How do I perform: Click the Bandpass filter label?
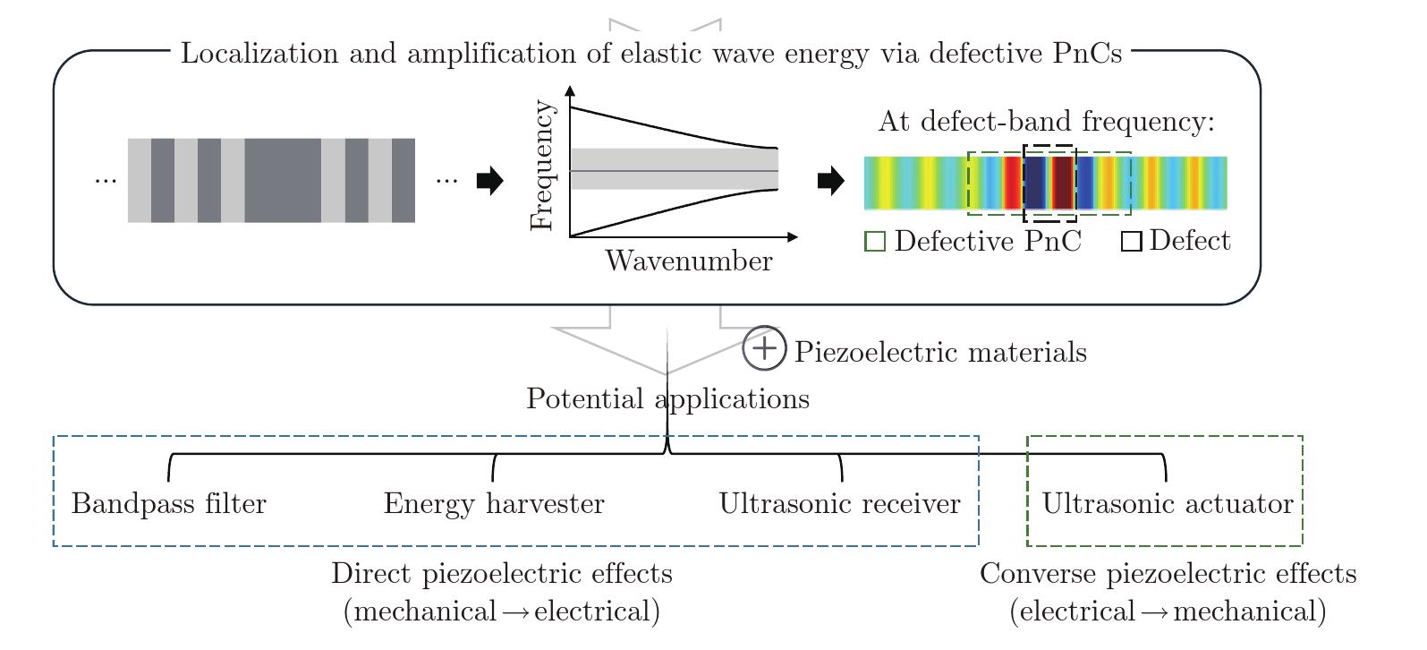[169, 503]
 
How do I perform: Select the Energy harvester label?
[494, 503]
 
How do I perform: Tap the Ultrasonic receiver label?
[839, 503]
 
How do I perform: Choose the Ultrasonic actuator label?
[1167, 503]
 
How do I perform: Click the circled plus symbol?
[764, 348]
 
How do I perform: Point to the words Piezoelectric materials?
[940, 352]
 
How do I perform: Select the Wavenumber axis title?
[689, 261]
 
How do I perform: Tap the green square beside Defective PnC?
[875, 242]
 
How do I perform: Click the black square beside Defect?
[1131, 242]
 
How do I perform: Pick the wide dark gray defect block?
[283, 180]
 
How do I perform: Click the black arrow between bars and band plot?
[490, 181]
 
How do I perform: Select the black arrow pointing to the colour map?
[831, 181]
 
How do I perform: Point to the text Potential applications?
[667, 399]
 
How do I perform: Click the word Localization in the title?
[259, 53]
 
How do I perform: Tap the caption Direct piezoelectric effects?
[501, 574]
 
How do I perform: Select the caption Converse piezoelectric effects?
[1168, 574]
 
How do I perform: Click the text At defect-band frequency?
[1047, 121]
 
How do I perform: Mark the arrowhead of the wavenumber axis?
[794, 237]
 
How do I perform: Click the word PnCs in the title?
[1087, 53]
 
